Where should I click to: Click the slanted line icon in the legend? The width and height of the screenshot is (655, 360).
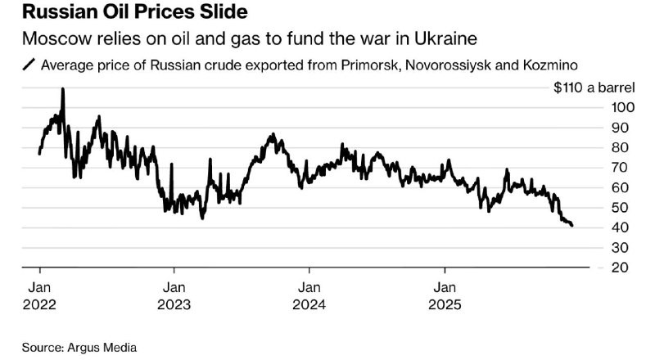(29, 65)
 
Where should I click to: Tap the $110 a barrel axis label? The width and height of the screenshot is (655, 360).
(594, 88)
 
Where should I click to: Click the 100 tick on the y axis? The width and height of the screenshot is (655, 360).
(623, 108)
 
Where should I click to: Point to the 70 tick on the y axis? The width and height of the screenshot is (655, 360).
(620, 168)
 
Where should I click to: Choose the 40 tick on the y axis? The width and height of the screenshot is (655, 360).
(620, 227)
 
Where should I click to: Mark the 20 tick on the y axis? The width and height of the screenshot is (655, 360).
(620, 268)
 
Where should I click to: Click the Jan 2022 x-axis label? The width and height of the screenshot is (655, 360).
(39, 296)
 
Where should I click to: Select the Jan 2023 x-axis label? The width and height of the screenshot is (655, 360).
(174, 296)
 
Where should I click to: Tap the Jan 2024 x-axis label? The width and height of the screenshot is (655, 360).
(309, 296)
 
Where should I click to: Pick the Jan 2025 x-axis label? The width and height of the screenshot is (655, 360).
(445, 296)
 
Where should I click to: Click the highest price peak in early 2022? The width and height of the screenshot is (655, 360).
(63, 89)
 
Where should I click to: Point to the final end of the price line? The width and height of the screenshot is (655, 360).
(571, 226)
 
